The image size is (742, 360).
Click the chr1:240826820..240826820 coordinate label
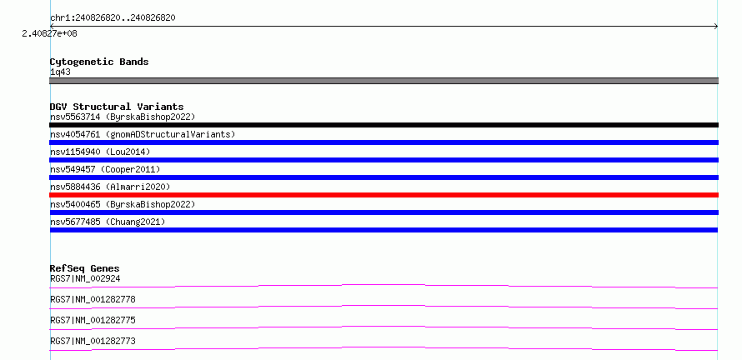click(x=113, y=18)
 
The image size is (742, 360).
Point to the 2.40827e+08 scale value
click(x=50, y=33)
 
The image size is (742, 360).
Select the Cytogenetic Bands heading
click(x=99, y=62)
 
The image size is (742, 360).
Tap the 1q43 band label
click(x=61, y=72)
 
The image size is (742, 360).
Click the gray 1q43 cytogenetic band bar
click(x=384, y=81)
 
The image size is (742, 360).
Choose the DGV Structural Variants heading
click(x=117, y=107)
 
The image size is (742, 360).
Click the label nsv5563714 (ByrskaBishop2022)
click(x=123, y=117)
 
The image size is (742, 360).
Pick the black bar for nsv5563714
click(x=384, y=125)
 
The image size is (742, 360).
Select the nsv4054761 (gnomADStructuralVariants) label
click(x=143, y=134)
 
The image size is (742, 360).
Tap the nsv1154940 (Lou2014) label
click(x=100, y=152)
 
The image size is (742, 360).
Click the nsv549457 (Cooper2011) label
click(x=105, y=169)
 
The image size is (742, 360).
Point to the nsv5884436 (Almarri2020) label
click(x=110, y=187)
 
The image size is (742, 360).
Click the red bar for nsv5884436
click(x=384, y=195)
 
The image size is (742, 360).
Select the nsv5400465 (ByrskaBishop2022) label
click(x=123, y=204)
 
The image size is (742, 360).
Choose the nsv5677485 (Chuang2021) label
click(x=108, y=222)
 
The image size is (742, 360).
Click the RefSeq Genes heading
click(x=85, y=268)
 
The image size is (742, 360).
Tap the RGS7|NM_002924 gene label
click(x=85, y=278)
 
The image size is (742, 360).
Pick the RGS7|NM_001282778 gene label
click(x=93, y=299)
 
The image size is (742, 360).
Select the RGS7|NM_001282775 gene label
click(x=93, y=320)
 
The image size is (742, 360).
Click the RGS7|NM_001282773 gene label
click(x=93, y=341)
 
